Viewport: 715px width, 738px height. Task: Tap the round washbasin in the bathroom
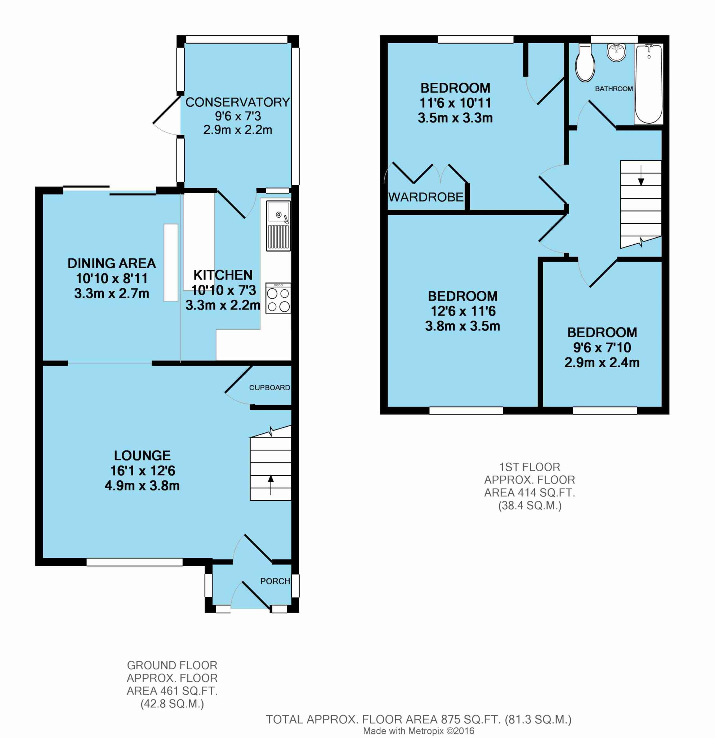616,52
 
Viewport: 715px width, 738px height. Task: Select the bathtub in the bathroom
648,84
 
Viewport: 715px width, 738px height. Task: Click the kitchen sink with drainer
278,226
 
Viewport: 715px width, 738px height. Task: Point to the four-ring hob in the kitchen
278,298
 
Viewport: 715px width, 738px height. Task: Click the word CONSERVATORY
237,102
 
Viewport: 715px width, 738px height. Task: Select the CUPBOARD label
269,387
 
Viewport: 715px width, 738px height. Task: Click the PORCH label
275,581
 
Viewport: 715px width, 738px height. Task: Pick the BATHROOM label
614,89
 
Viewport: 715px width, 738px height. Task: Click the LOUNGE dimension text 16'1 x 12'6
143,471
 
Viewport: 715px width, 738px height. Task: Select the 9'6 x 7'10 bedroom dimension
602,347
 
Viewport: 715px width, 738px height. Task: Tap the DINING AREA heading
111,263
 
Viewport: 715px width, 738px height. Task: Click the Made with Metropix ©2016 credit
419,731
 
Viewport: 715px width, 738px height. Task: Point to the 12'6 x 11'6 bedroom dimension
463,311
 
